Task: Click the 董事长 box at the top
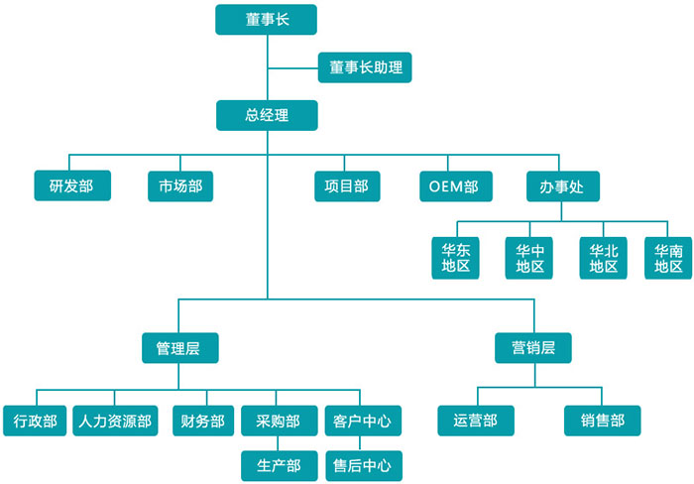tap(266, 20)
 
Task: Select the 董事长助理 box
tap(365, 68)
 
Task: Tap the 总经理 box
tap(267, 115)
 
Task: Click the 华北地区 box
tap(603, 258)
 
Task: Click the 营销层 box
tap(532, 348)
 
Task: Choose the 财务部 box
tap(203, 421)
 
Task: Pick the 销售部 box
tap(603, 421)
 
